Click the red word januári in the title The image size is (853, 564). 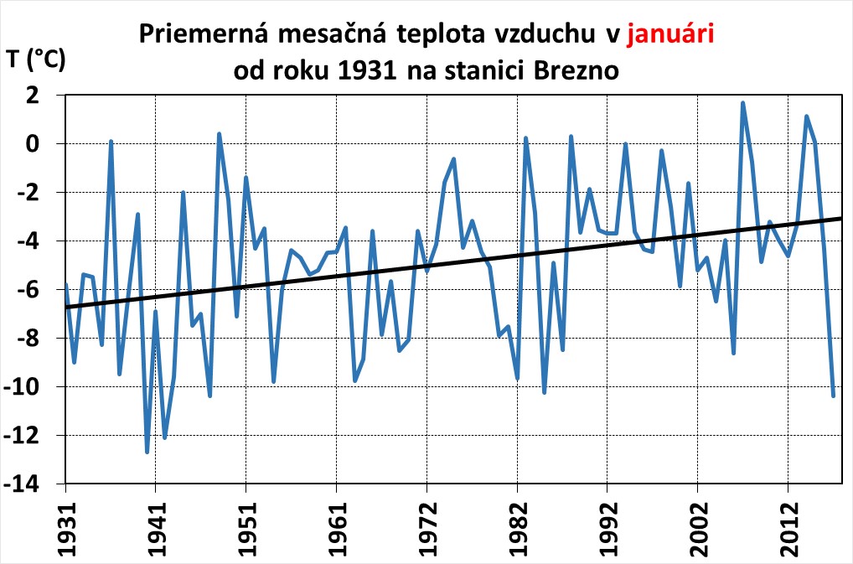click(669, 34)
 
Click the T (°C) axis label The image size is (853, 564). click(34, 60)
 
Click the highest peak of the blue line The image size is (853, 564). click(742, 103)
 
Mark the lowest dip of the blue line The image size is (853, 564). click(147, 452)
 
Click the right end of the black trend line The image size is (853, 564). click(840, 218)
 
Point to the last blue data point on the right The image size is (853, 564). click(834, 395)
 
